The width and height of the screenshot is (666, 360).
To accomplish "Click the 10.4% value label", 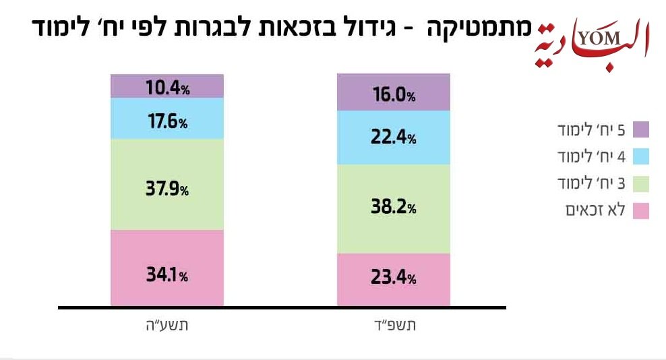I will click(167, 86).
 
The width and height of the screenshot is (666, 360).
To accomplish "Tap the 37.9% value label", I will click(167, 189).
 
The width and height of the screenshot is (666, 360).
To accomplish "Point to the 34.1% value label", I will click(167, 275).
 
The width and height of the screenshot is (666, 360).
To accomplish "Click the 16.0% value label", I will click(394, 95).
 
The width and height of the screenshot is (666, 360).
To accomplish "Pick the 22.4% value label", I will click(394, 138).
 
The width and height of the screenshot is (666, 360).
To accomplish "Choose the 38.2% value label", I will click(394, 208).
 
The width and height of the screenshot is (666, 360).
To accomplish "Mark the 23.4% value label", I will click(394, 276).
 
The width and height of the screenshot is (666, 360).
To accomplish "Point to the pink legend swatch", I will click(641, 211).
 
